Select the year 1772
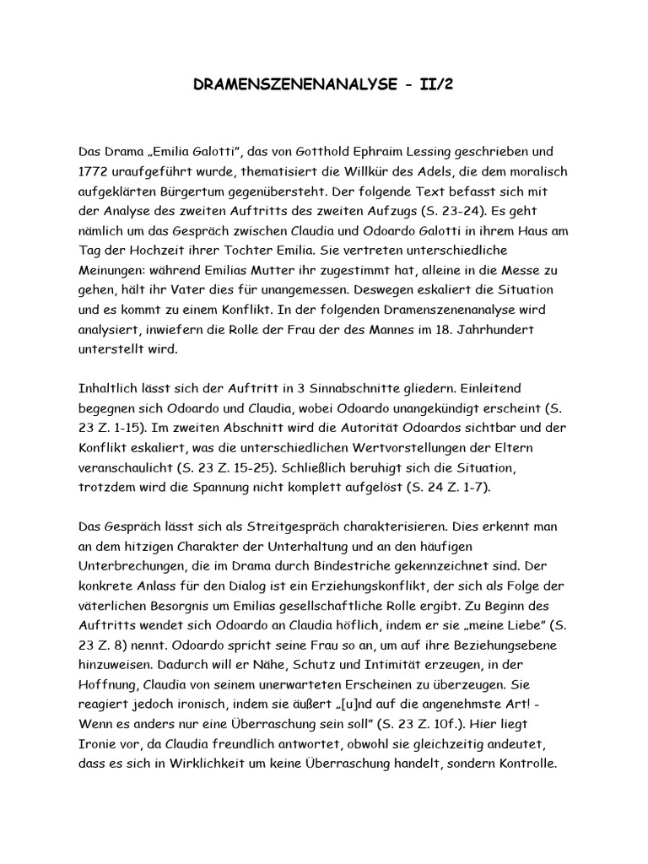[92, 173]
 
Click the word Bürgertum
[204, 193]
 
